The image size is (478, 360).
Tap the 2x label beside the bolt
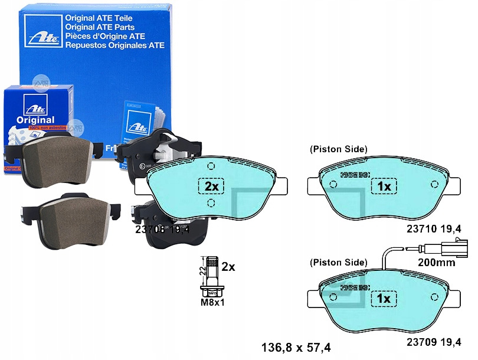228,267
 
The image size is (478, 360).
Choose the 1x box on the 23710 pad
384,186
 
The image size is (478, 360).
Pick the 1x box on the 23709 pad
384,299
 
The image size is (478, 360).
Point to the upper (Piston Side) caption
338,150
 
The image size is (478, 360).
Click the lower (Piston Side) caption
338,262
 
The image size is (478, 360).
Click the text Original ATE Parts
100,27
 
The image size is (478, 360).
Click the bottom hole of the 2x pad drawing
211,204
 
